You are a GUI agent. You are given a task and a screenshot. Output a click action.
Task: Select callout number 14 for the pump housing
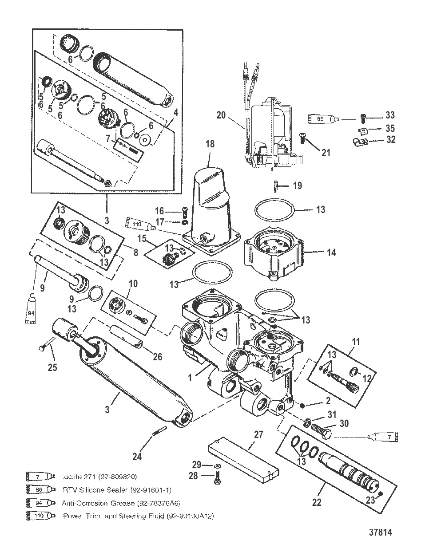click(331, 252)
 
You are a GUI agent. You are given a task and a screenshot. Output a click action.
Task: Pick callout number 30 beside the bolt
click(344, 423)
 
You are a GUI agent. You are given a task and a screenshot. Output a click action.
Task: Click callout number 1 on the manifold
click(190, 378)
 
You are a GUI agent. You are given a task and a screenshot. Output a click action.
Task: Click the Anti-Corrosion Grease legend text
click(120, 503)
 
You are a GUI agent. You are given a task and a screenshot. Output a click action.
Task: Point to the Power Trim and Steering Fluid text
click(138, 516)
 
